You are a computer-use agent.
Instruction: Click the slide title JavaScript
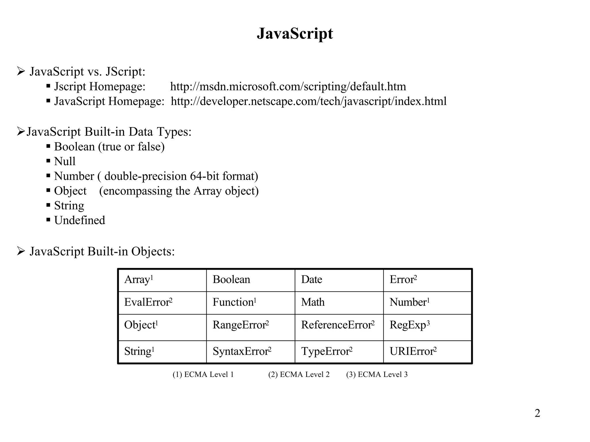295,34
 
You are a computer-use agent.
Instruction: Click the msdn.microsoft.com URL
288,87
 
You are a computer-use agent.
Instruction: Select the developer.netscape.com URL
309,101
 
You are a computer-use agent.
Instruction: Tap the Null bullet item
65,161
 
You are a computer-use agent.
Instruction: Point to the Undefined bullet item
80,220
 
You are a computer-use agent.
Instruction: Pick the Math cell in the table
313,302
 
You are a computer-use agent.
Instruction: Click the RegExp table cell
409,325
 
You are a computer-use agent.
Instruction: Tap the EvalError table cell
148,302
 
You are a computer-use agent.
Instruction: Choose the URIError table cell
413,351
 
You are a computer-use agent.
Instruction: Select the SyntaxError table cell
242,351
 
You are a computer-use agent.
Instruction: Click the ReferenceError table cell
337,325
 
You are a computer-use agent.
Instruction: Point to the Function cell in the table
234,302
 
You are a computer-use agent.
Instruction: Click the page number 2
537,413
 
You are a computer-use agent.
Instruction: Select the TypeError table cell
326,351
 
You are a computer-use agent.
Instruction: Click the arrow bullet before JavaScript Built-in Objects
21,251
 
